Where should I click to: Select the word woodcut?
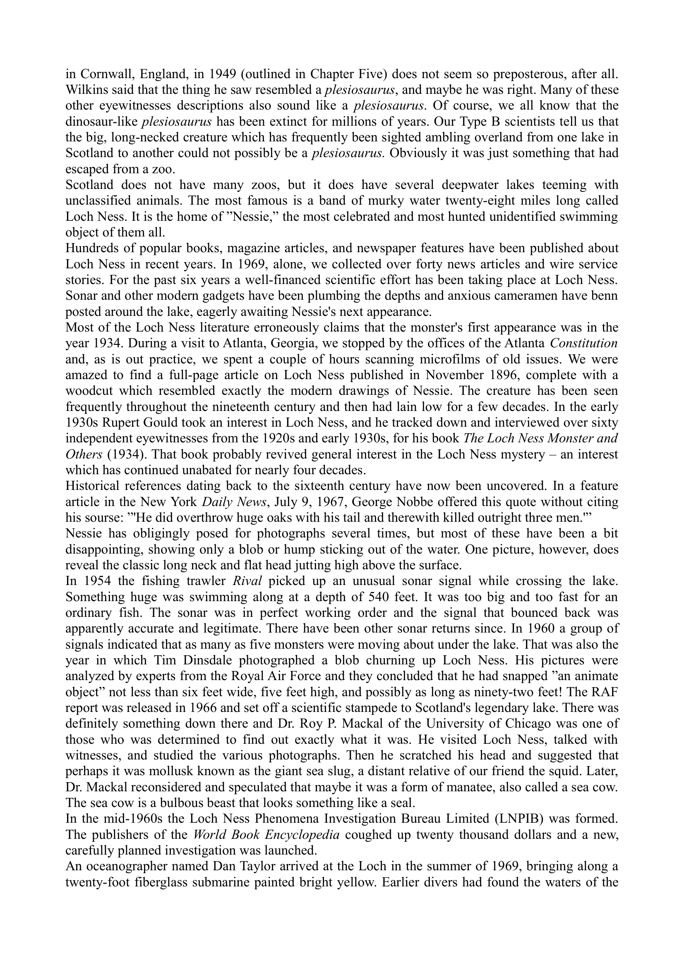89,391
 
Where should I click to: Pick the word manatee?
459,787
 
